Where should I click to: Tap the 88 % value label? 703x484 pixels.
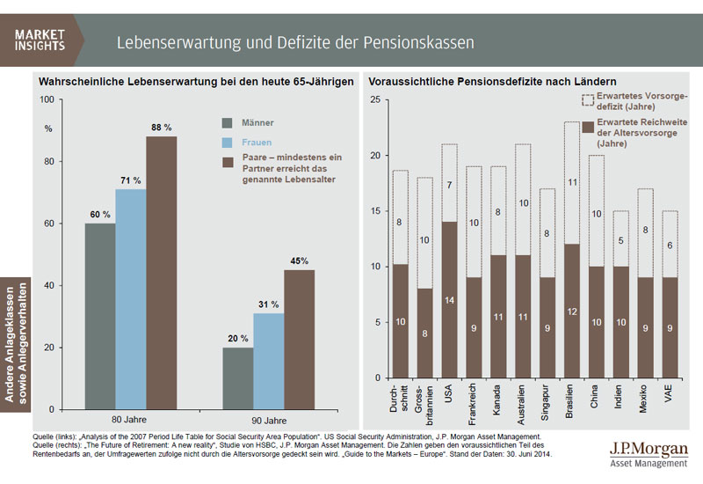pos(162,127)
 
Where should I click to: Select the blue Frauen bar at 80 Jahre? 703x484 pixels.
pos(131,299)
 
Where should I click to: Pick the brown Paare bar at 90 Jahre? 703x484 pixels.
pos(299,340)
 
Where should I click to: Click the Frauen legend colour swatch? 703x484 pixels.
pos(228,141)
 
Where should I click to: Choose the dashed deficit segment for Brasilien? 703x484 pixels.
pos(572,183)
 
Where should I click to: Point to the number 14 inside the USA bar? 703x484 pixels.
pos(449,301)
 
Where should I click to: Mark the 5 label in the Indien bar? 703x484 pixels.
pos(621,239)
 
